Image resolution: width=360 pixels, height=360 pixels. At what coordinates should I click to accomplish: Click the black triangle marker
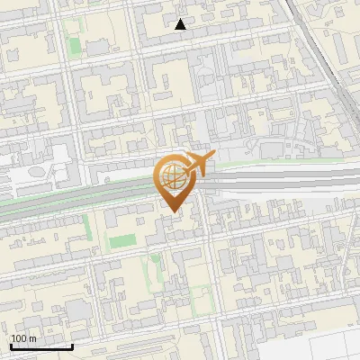(181, 24)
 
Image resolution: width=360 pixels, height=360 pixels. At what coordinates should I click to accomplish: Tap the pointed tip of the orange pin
(171, 212)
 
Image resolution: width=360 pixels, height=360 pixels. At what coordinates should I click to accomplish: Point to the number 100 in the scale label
(20, 338)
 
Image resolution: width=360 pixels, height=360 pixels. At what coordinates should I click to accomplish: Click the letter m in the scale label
(33, 338)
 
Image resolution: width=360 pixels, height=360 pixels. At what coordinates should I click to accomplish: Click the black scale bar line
(41, 346)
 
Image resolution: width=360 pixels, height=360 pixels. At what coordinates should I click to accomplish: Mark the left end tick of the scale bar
(11, 345)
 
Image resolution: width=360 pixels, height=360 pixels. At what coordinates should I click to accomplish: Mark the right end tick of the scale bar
(72, 345)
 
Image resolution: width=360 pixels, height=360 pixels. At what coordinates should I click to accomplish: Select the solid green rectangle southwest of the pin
(123, 240)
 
